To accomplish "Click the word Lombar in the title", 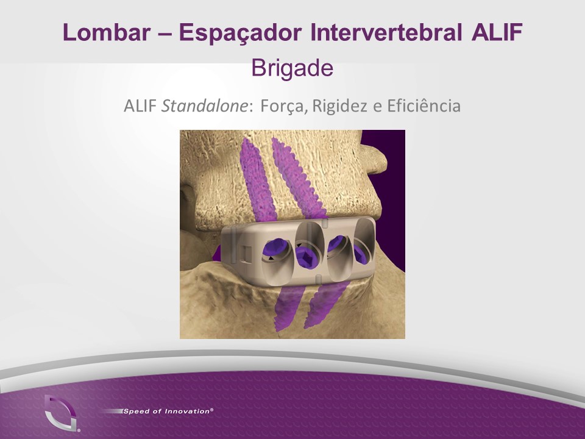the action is point(107,32).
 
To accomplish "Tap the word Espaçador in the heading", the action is point(240,33).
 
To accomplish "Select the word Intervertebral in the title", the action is point(386,32).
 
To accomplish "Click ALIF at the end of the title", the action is point(497,32).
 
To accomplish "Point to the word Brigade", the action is point(292,69).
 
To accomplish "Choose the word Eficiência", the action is point(424,106).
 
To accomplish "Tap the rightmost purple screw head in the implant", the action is point(361,254).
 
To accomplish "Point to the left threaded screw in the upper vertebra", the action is point(257,179).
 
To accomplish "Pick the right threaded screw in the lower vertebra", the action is point(325,304).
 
